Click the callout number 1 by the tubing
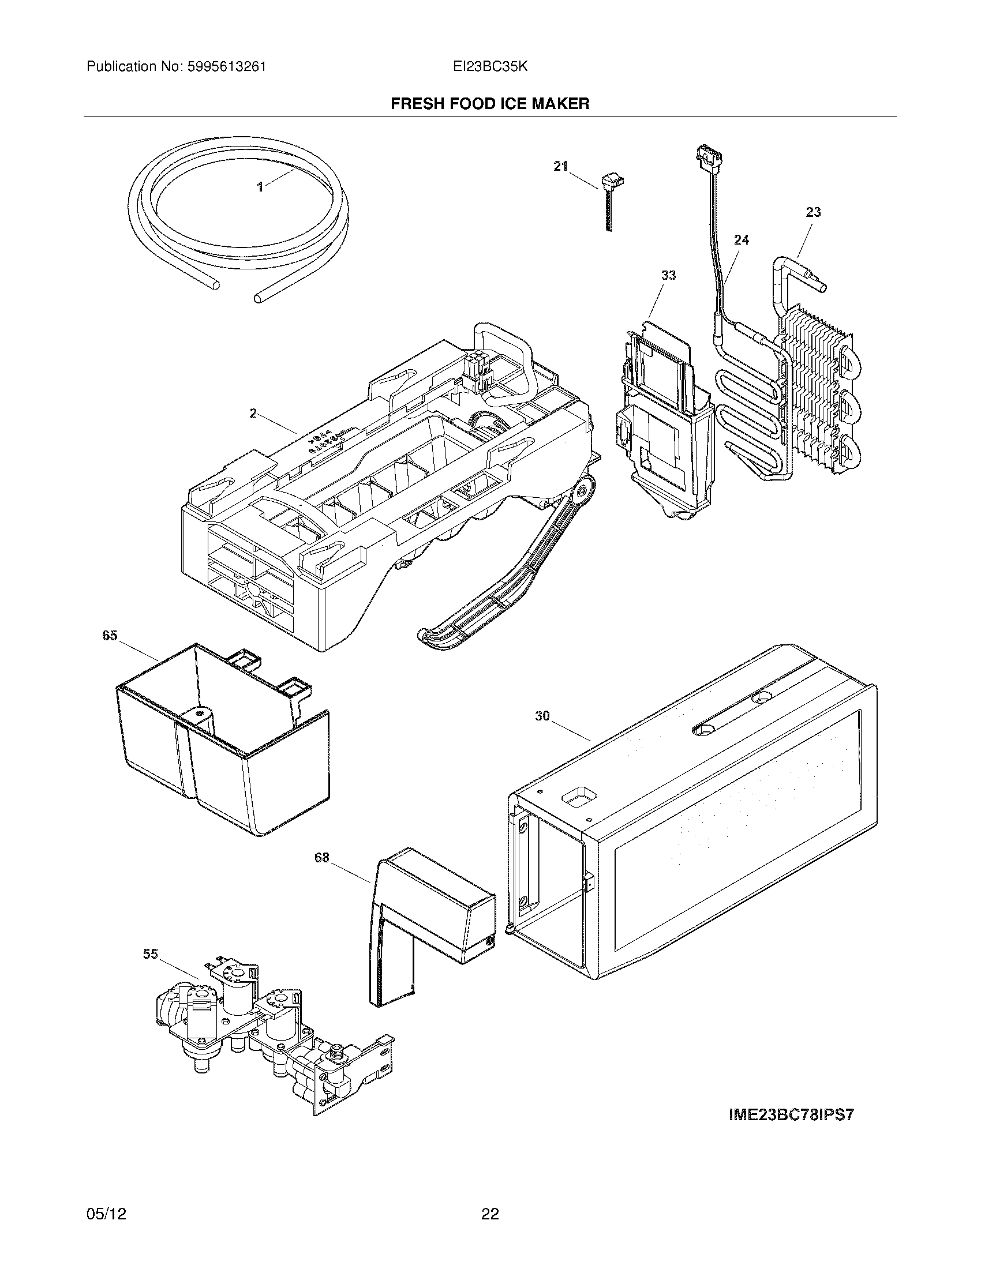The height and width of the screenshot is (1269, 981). tap(260, 186)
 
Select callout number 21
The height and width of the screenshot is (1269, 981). tap(560, 166)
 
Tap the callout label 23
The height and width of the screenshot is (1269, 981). tap(813, 212)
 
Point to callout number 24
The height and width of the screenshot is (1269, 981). tap(741, 239)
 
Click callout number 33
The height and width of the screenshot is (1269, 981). tap(668, 275)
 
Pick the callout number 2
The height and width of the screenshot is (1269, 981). tap(253, 413)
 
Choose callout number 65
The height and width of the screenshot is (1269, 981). tap(110, 635)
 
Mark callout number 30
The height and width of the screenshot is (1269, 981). tap(542, 716)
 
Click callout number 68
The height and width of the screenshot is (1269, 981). tap(322, 857)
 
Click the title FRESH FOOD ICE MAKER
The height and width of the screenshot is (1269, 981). tap(490, 103)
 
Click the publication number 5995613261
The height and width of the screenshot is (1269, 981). tap(227, 67)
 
